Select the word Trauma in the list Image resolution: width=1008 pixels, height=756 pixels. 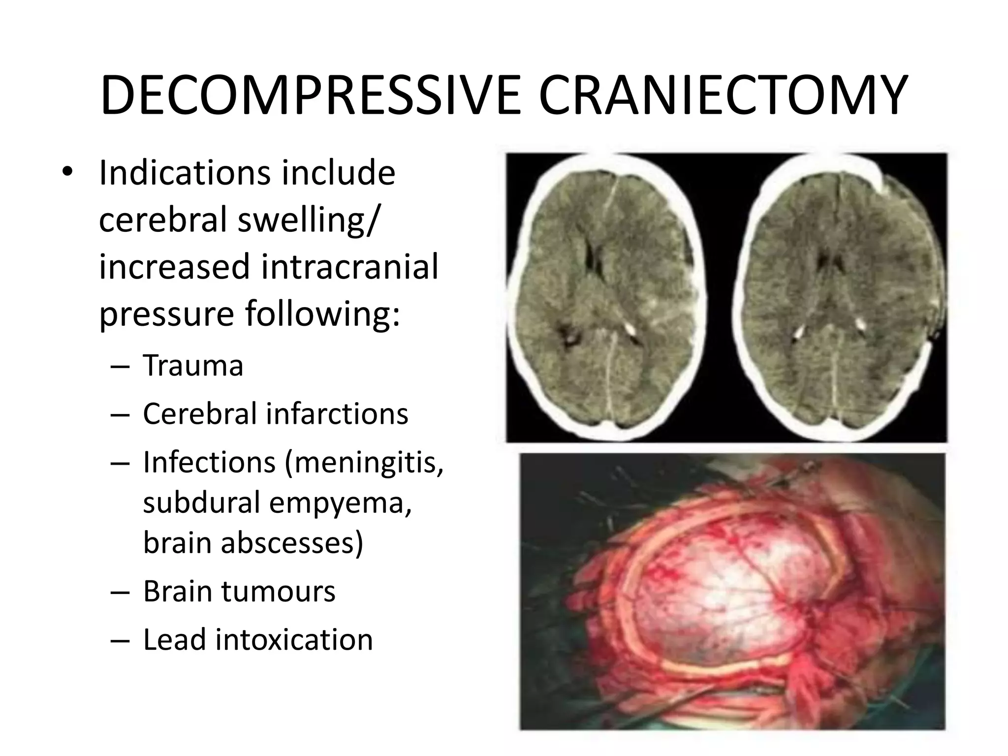(x=193, y=366)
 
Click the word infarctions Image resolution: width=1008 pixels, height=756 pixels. (x=337, y=413)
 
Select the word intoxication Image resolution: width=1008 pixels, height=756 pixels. (x=294, y=639)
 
